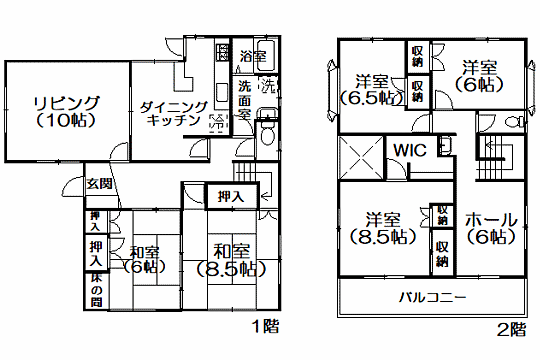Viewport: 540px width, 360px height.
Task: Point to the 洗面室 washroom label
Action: point(244,100)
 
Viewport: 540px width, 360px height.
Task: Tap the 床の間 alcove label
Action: point(96,289)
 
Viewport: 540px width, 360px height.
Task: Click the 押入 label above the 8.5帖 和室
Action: point(230,198)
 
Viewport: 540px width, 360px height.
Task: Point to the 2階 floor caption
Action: point(511,327)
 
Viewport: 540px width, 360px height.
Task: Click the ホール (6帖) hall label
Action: point(490,228)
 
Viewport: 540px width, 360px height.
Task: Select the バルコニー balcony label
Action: point(432,297)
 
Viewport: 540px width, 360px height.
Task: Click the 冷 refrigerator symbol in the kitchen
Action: point(216,125)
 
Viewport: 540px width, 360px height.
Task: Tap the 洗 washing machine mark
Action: point(267,86)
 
